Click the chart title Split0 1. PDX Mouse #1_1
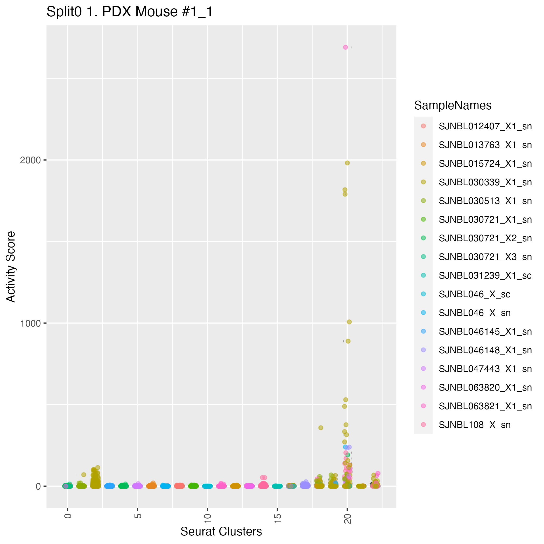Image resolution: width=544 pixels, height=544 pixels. (130, 12)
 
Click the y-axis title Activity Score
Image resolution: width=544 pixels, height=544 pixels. (11, 266)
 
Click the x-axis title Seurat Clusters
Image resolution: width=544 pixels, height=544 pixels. (221, 531)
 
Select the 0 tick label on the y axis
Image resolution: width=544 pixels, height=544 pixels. (38, 486)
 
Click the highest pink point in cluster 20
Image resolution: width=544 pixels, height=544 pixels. (345, 47)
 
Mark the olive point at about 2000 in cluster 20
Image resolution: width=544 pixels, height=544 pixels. (348, 163)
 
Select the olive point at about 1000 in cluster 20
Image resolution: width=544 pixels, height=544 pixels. (349, 322)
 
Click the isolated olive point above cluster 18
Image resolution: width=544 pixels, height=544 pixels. (321, 428)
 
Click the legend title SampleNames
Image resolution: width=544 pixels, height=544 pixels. (453, 105)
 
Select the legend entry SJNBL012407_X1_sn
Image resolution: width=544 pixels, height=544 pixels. (485, 126)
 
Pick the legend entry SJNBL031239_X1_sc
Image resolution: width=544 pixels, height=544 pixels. (485, 275)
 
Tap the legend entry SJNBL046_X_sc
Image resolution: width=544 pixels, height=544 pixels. (475, 294)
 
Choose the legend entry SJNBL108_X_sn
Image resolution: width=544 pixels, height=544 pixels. (475, 425)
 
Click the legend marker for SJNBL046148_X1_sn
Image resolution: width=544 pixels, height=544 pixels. (423, 350)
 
